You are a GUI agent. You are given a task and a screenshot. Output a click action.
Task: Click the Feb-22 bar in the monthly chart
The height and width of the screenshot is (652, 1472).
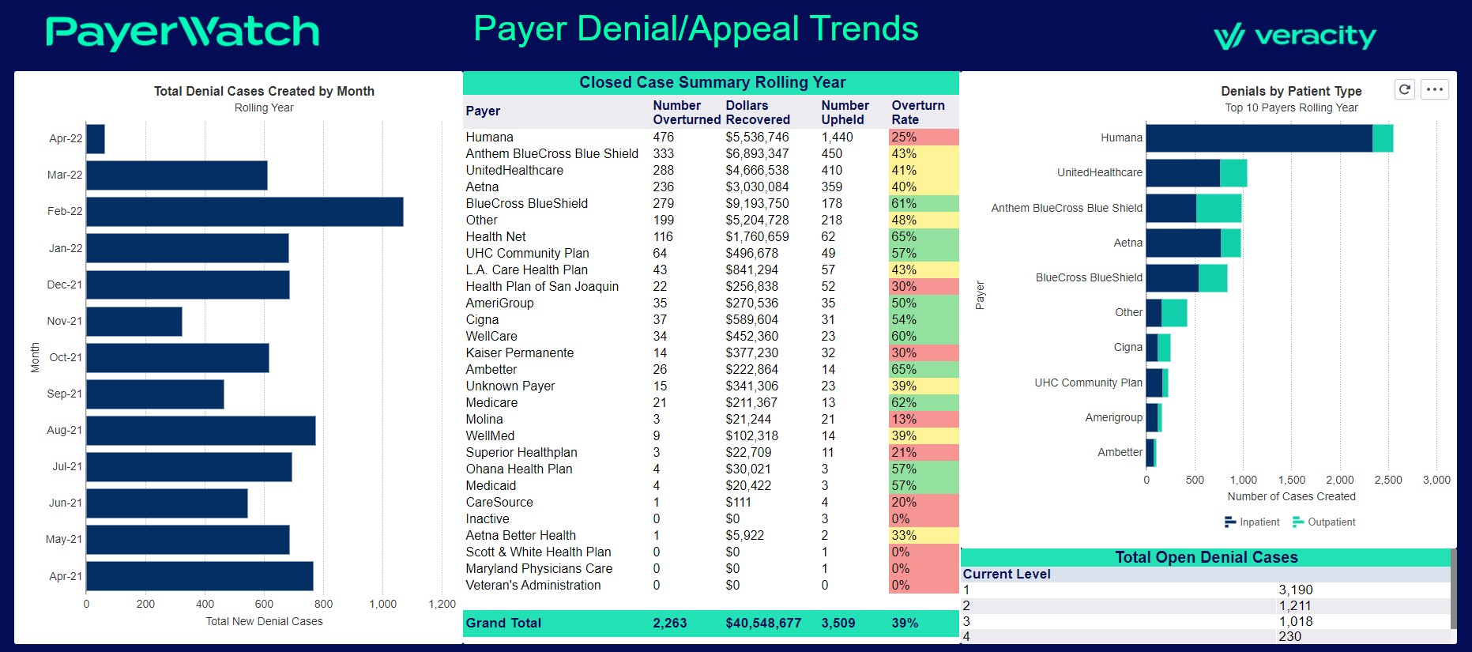click(244, 212)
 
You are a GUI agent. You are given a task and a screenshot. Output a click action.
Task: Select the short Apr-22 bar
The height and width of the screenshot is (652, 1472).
click(95, 139)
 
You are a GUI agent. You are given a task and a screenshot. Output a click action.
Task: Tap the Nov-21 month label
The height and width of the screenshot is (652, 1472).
click(64, 321)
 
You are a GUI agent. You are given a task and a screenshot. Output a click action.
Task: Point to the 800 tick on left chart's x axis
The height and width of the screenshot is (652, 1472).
click(323, 604)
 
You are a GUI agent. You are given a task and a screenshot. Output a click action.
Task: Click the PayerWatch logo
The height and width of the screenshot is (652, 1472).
click(183, 32)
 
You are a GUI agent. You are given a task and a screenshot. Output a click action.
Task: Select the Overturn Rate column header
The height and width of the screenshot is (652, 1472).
click(917, 112)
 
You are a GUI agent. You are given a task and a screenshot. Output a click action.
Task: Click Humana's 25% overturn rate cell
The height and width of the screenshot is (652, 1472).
click(922, 138)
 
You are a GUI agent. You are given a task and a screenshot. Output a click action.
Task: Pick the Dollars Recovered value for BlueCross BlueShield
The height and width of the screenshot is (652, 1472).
click(757, 204)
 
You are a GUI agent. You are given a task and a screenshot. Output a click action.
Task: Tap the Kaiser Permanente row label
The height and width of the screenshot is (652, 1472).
click(519, 353)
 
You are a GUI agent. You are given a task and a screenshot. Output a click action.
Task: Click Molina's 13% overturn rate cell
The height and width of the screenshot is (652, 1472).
click(922, 420)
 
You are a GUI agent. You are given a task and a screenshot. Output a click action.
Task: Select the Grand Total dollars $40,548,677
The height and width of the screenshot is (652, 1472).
click(762, 624)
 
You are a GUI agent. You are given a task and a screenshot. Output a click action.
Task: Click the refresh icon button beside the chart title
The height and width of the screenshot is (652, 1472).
click(1404, 89)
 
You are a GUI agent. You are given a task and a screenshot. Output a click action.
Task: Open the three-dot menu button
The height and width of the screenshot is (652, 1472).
click(1435, 89)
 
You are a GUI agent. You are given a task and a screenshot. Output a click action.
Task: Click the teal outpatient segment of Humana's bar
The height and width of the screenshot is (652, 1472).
click(1382, 138)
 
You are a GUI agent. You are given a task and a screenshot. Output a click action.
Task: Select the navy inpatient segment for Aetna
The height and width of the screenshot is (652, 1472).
click(1183, 243)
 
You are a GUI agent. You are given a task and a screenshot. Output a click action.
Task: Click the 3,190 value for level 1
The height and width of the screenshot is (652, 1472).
click(1295, 590)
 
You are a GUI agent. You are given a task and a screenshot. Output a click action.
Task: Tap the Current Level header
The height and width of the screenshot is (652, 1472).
click(1006, 575)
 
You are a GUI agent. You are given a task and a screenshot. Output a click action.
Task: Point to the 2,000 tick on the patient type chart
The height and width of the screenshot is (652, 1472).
click(1339, 480)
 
